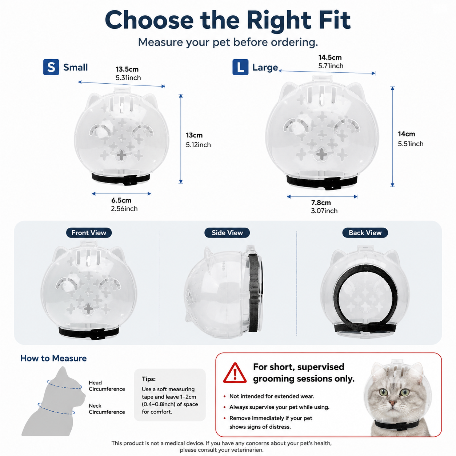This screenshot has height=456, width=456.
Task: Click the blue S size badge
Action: tap(51, 67)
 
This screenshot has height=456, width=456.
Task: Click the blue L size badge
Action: tap(240, 67)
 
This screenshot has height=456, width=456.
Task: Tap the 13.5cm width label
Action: tap(127, 69)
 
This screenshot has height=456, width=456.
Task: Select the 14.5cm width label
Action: tap(330, 57)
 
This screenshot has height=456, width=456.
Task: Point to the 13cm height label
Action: tap(194, 135)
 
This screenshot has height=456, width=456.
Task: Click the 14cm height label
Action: tap(406, 134)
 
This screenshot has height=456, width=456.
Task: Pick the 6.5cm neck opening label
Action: tap(121, 200)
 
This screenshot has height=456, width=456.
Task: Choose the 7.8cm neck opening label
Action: tap(321, 203)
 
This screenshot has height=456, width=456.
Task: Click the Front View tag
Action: tap(89, 233)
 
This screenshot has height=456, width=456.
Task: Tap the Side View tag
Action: tap(227, 233)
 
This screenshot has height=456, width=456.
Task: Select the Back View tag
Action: tap(365, 233)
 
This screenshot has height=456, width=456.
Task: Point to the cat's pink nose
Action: tap(393, 403)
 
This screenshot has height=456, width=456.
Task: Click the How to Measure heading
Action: tap(53, 358)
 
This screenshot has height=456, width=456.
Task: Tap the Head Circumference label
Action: tap(107, 386)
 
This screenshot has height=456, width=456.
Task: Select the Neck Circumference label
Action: tap(107, 409)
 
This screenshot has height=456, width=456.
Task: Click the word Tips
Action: tap(149, 379)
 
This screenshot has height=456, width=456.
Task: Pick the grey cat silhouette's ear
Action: tap(62, 373)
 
